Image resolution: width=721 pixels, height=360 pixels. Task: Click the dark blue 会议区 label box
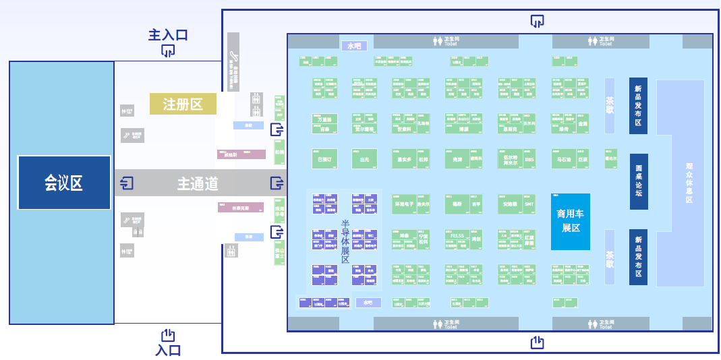(x=64, y=183)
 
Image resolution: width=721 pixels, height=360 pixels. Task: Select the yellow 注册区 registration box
(x=183, y=104)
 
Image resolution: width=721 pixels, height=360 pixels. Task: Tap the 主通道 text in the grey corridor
(x=198, y=183)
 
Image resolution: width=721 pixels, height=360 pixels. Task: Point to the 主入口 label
(x=168, y=35)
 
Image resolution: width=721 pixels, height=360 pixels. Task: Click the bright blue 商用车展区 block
(x=571, y=221)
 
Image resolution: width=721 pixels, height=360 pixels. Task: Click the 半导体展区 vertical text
(x=345, y=241)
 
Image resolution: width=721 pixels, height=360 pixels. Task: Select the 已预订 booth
(x=324, y=160)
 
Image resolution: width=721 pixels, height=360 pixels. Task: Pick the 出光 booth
(x=364, y=160)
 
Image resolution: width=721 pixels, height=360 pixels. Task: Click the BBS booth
(x=529, y=160)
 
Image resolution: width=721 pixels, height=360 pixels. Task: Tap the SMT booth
(x=529, y=203)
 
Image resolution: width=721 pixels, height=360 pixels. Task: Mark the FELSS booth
(x=457, y=236)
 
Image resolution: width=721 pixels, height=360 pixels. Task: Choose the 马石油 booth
(x=564, y=160)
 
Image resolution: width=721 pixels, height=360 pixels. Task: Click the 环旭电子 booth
(x=403, y=203)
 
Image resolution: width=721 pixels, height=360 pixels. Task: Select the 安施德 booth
(x=510, y=203)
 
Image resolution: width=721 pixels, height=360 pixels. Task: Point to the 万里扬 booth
(x=324, y=119)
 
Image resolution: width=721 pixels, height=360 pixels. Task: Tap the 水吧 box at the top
(x=354, y=46)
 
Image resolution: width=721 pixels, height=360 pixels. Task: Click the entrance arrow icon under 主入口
(x=168, y=51)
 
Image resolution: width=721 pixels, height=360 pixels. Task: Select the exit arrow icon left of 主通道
(x=126, y=183)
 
